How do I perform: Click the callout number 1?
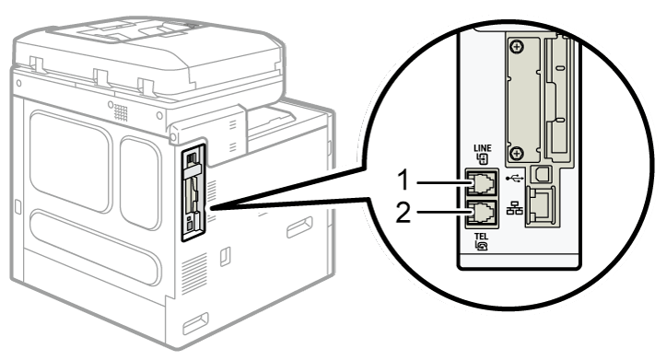(x=404, y=180)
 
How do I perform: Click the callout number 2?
(x=404, y=212)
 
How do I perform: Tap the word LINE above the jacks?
(x=483, y=148)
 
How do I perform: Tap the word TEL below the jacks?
(x=481, y=237)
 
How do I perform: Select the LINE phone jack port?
(x=481, y=182)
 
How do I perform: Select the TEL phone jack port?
(x=481, y=214)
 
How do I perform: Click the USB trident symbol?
(x=514, y=179)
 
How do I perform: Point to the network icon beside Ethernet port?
(x=514, y=209)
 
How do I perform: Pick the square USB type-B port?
(x=543, y=173)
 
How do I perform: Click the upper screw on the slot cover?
(x=517, y=46)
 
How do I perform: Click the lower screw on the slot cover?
(x=517, y=153)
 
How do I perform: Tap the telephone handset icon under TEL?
(x=481, y=246)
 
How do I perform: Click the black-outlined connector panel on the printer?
(x=193, y=192)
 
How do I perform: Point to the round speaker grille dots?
(x=121, y=112)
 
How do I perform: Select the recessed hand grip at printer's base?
(x=195, y=323)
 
